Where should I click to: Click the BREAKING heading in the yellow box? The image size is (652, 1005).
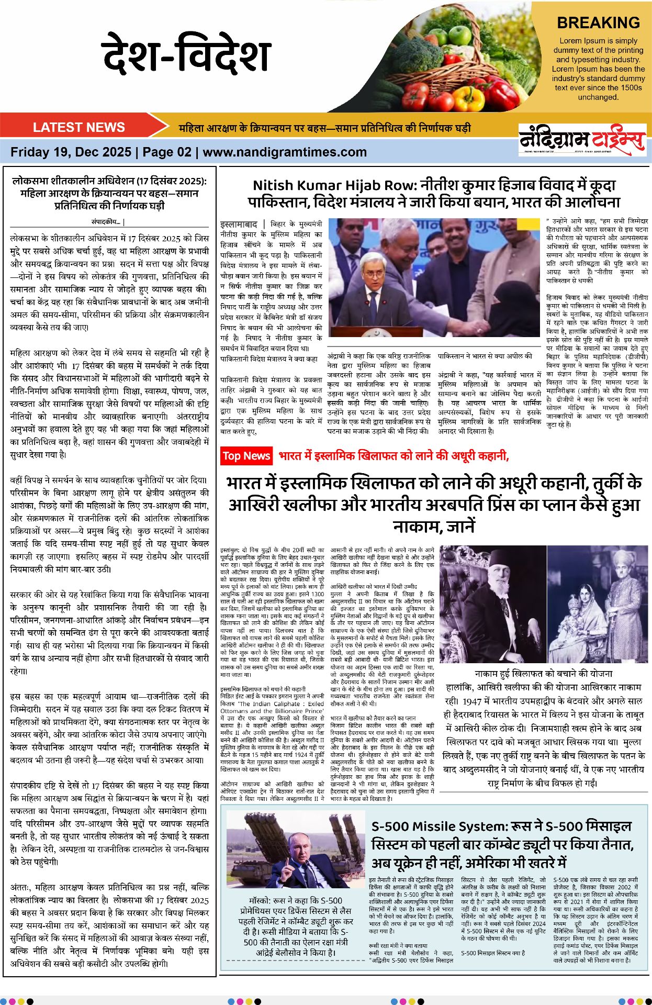point(598,23)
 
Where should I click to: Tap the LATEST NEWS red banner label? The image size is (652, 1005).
point(78,127)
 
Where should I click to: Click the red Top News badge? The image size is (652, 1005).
point(246,456)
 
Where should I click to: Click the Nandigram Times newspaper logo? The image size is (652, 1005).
point(581,140)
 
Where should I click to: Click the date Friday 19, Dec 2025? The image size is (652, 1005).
point(71,152)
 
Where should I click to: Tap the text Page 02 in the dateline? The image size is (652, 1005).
point(167,152)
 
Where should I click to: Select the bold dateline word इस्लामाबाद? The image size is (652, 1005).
point(239,224)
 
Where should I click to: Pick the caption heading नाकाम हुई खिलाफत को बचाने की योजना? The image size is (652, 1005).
point(543,674)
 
